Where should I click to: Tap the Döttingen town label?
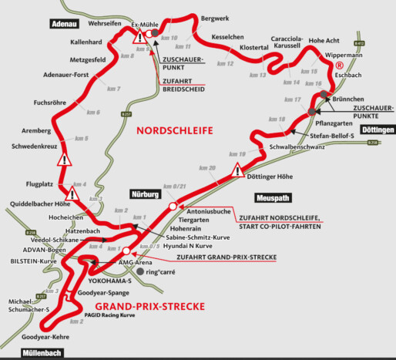[375, 130]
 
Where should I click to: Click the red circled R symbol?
[338, 66]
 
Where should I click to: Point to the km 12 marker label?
[225, 63]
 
